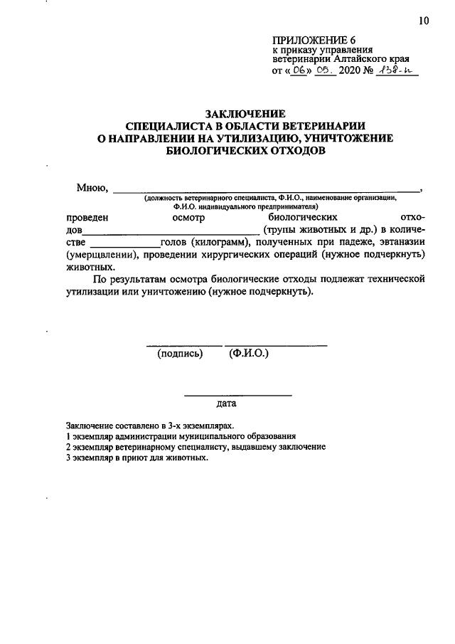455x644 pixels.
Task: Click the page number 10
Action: (424, 21)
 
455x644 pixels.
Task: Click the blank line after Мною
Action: (267, 191)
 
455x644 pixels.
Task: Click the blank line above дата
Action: (237, 394)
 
